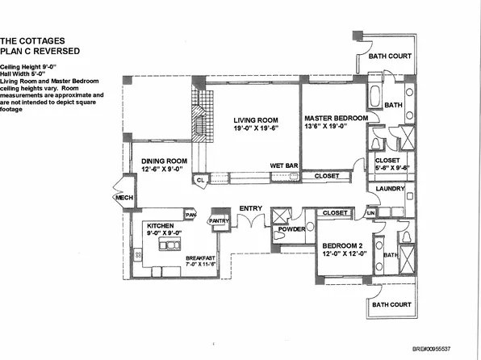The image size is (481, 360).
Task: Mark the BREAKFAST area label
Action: pyautogui.click(x=178, y=257)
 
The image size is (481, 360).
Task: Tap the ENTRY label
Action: pyautogui.click(x=251, y=209)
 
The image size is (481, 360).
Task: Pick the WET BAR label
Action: pyautogui.click(x=283, y=167)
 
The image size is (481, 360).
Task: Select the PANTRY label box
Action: pyautogui.click(x=220, y=220)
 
